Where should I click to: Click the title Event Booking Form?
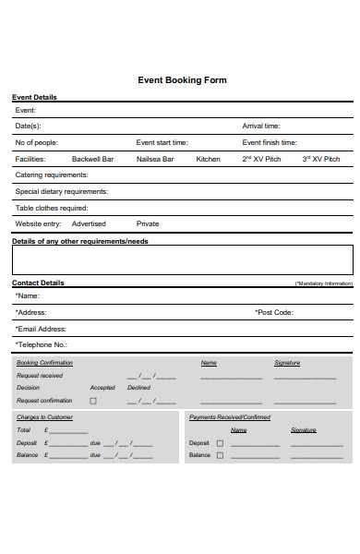pyautogui.click(x=182, y=80)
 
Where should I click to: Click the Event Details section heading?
pyautogui.click(x=34, y=97)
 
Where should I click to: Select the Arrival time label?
pyautogui.click(x=261, y=126)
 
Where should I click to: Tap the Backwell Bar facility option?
pyautogui.click(x=92, y=159)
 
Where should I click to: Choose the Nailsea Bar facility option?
pyautogui.click(x=155, y=159)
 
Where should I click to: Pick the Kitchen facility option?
pyautogui.click(x=209, y=159)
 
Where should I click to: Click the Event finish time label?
pyautogui.click(x=270, y=142)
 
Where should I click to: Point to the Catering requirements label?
pyautogui.click(x=52, y=175)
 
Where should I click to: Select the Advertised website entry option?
pyautogui.click(x=89, y=223)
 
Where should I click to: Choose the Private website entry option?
pyautogui.click(x=148, y=223)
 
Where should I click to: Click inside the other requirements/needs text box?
pyautogui.click(x=182, y=260)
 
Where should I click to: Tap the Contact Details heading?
pyautogui.click(x=38, y=283)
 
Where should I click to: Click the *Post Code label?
pyautogui.click(x=274, y=312)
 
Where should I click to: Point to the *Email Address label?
pyautogui.click(x=41, y=329)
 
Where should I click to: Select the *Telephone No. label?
pyautogui.click(x=42, y=344)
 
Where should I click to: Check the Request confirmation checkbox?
pyautogui.click(x=92, y=401)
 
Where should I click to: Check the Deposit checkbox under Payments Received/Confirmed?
pyautogui.click(x=220, y=443)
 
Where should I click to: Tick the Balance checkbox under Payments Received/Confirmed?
pyautogui.click(x=220, y=455)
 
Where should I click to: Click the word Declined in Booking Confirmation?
pyautogui.click(x=138, y=388)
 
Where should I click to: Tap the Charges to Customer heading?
pyautogui.click(x=44, y=417)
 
